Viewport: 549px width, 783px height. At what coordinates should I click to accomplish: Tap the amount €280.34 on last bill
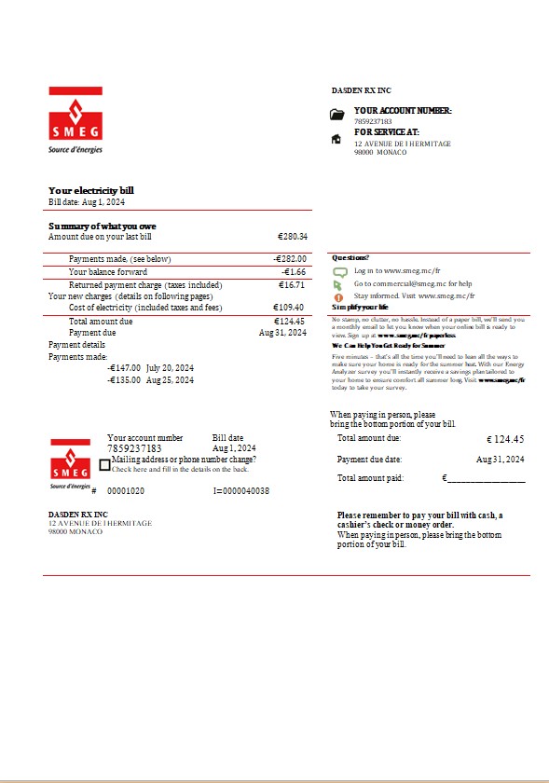pos(292,237)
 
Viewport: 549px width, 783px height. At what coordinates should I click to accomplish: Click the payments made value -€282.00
pos(290,258)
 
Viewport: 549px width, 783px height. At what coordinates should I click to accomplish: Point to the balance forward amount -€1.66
pos(294,272)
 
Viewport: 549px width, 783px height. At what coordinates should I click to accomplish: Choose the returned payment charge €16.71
pos(292,285)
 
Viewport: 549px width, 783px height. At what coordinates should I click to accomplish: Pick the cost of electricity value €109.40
pos(288,308)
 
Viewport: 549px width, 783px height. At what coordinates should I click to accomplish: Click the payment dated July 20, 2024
pos(170,368)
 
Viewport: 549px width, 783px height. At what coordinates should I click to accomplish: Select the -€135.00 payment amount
pos(124,380)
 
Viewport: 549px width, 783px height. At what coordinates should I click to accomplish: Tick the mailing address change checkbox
pos(104,464)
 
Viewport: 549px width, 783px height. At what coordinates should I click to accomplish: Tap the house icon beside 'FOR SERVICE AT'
pos(336,139)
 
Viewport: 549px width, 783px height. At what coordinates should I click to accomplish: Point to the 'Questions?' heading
pos(350,257)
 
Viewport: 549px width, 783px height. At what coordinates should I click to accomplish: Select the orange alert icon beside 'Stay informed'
pos(339,296)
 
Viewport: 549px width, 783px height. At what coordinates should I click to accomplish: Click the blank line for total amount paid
pos(486,479)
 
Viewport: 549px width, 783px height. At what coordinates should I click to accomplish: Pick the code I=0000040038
pos(241,490)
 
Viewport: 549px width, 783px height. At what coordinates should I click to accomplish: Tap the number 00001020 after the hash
pos(126,490)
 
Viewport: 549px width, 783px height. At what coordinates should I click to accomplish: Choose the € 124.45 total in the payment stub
pos(505,438)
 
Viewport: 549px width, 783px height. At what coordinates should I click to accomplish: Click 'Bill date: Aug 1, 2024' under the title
pos(87,201)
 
